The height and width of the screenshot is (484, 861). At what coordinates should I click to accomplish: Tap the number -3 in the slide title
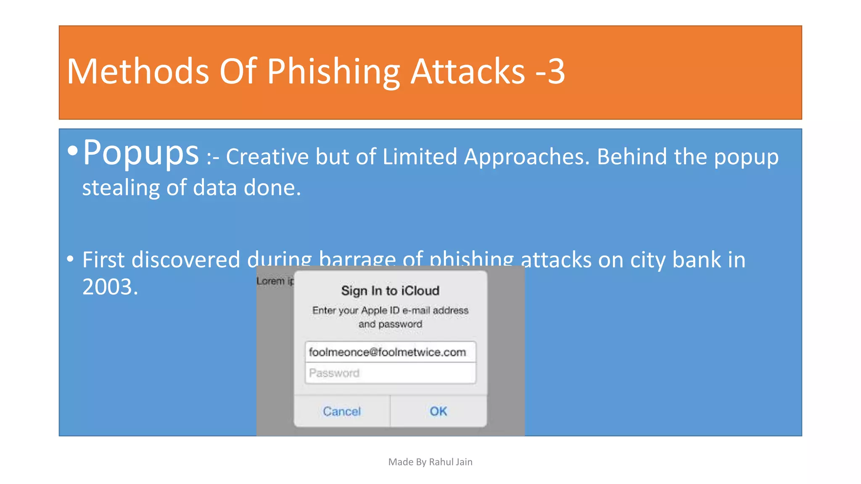550,71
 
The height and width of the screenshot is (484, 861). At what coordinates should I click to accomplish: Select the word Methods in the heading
138,71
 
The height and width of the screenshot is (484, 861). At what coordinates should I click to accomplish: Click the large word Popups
140,153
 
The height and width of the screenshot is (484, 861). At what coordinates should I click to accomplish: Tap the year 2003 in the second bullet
110,287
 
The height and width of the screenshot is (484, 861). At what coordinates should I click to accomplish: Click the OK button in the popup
438,411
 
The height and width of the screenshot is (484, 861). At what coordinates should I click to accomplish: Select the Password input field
390,373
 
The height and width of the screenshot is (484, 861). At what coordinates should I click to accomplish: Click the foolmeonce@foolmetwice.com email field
390,352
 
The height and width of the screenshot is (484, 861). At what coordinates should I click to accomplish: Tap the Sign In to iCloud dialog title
390,291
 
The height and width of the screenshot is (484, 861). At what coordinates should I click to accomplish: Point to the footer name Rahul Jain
451,462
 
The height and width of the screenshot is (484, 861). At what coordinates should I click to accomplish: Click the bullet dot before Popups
73,151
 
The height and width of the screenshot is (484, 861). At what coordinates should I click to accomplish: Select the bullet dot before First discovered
70,258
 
